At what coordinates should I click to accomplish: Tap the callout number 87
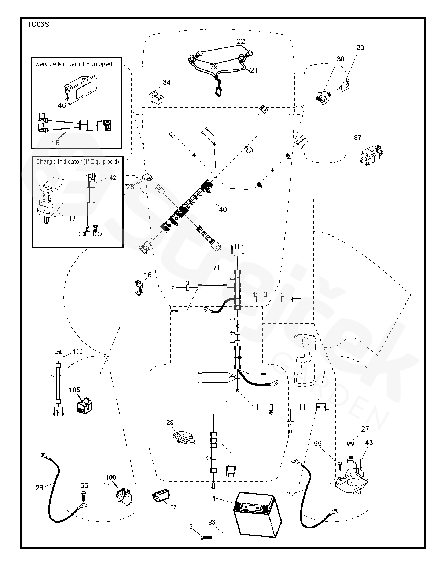[x=357, y=138]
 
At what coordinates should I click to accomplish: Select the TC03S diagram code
[x=38, y=25]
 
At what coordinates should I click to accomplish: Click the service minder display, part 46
[x=81, y=88]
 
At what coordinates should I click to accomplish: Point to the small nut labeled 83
[x=225, y=537]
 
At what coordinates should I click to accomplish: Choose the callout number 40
[x=223, y=210]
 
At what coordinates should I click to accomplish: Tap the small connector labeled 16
[x=138, y=287]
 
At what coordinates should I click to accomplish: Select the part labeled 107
[x=161, y=498]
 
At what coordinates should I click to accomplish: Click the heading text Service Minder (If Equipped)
[x=75, y=64]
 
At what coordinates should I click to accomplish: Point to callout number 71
[x=217, y=268]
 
